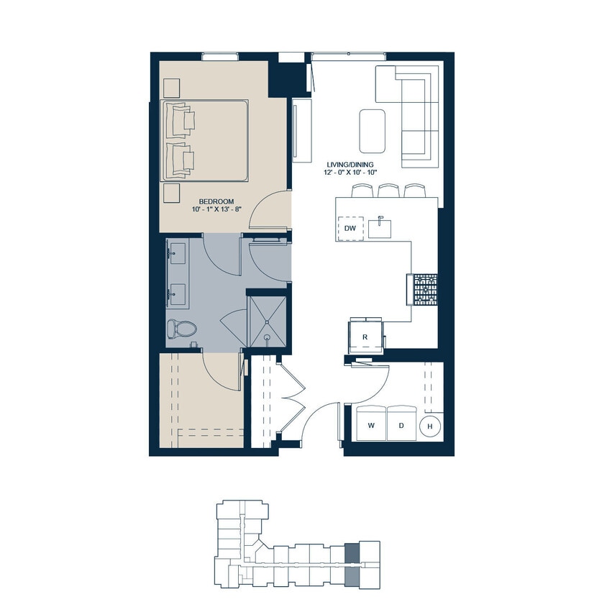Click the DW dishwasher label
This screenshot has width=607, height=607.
350,228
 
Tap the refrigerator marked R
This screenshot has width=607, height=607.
365,336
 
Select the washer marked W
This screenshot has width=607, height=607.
371,425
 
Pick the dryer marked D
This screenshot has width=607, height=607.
401,425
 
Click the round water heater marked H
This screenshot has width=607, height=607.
430,426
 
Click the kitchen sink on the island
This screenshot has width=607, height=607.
380,227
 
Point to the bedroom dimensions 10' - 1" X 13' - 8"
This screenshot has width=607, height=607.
216,209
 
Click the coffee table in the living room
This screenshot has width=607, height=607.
372,130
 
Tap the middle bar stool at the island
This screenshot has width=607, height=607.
388,190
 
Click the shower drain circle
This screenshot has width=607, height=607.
266,335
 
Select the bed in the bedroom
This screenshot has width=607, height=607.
206,140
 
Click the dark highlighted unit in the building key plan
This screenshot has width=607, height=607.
352,554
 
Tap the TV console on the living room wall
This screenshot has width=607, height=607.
301,130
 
